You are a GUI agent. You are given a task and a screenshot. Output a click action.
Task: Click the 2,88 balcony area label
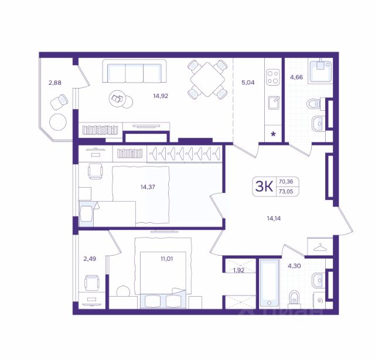tap(54, 83)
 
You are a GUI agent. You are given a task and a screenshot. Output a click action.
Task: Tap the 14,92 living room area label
tap(161, 96)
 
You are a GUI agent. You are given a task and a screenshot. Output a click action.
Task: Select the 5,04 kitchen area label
tap(248, 83)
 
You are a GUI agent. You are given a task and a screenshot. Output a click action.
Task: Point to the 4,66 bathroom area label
tap(296, 77)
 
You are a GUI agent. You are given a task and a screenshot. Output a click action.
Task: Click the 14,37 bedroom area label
tap(148, 186)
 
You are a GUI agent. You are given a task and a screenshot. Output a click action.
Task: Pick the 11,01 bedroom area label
tap(166, 259)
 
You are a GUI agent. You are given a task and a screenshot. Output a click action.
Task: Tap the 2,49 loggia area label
tap(90, 259)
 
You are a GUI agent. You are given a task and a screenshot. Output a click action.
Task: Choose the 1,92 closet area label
tap(238, 270)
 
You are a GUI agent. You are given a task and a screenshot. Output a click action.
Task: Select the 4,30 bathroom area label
tap(294, 266)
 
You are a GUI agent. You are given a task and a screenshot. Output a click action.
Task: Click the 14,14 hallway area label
tap(274, 218)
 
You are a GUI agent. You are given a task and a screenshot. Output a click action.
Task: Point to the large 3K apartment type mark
tap(264, 186)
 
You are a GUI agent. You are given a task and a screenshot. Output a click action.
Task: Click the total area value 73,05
tap(286, 192)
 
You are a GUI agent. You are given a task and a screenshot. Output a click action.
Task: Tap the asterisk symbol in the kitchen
tap(273, 134)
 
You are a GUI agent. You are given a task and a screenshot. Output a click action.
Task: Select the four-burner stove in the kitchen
tap(273, 77)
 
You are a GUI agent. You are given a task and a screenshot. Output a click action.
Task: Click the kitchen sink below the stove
tap(274, 103)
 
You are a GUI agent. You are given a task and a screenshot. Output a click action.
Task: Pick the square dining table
tap(207, 80)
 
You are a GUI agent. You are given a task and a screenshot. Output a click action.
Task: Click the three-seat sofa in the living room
tap(134, 71)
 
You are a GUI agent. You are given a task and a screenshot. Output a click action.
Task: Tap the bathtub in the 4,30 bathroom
tap(270, 283)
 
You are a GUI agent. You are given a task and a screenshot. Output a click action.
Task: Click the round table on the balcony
tap(58, 122)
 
